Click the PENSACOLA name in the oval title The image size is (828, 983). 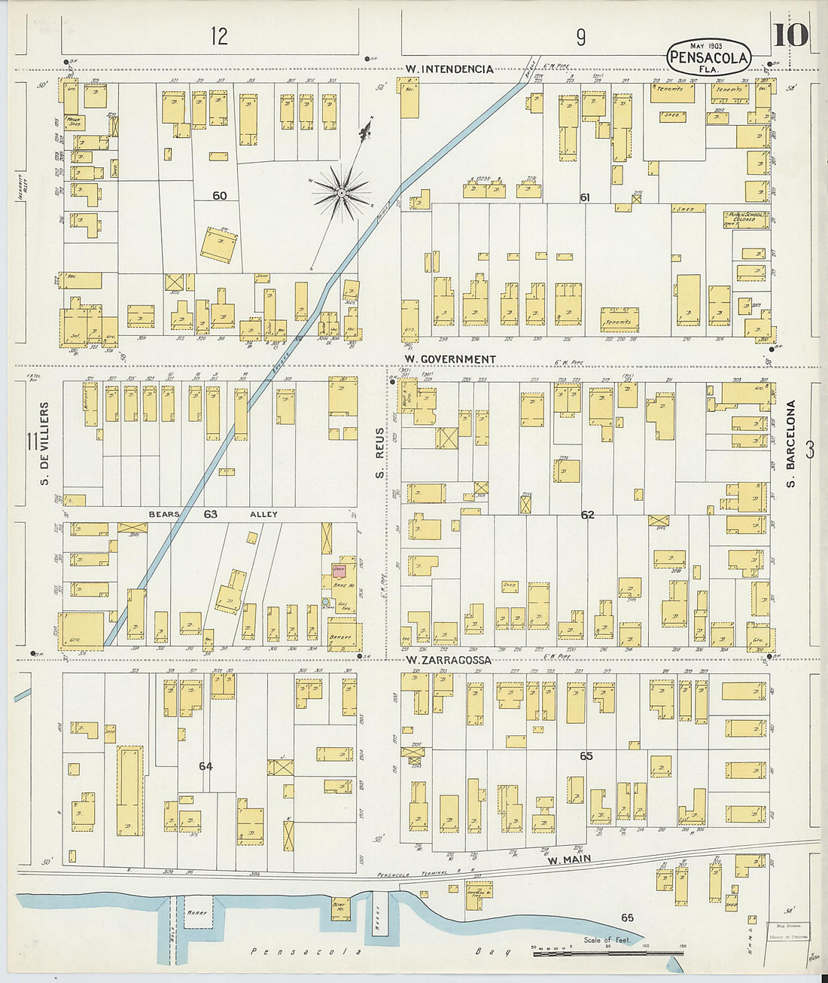pyautogui.click(x=708, y=57)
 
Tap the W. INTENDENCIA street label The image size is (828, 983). pyautogui.click(x=449, y=69)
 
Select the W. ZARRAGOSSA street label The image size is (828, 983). pyautogui.click(x=449, y=660)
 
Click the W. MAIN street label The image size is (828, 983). pyautogui.click(x=569, y=859)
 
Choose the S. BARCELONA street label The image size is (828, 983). pyautogui.click(x=791, y=444)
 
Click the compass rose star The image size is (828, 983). pyautogui.click(x=341, y=194)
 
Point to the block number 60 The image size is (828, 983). pyautogui.click(x=219, y=196)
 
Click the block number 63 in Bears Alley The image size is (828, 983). pyautogui.click(x=210, y=514)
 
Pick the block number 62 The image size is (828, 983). pyautogui.click(x=588, y=515)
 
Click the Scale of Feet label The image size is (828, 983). pyautogui.click(x=607, y=940)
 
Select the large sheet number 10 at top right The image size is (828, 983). pyautogui.click(x=790, y=35)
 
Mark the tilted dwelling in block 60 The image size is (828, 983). pyautogui.click(x=219, y=246)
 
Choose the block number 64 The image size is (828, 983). pyautogui.click(x=205, y=766)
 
